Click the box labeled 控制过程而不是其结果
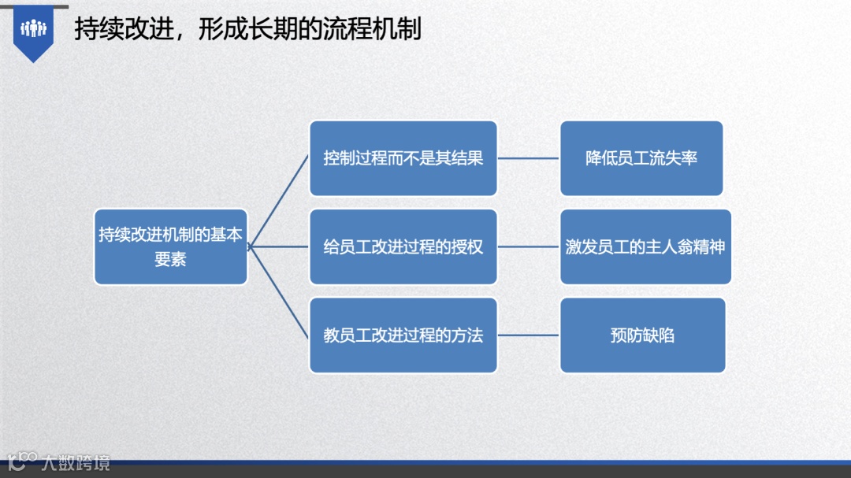403,158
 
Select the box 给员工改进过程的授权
403,246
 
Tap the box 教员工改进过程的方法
403,335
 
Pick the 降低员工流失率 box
641,158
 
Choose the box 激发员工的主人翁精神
645,246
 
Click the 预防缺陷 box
642,335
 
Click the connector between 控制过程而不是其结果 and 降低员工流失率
528,158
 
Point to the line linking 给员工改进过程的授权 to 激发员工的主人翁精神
528,246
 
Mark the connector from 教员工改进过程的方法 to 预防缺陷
528,335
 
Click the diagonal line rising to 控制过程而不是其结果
279,202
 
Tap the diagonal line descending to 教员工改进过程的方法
279,291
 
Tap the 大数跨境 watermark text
76,462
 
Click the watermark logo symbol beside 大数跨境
22,461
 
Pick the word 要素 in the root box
170,259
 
